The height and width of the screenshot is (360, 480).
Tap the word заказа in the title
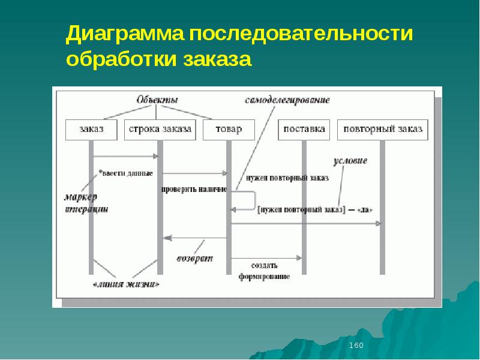pyautogui.click(x=220, y=60)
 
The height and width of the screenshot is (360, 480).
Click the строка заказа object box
pyautogui.click(x=160, y=129)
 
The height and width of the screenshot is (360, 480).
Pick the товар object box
pyautogui.click(x=229, y=129)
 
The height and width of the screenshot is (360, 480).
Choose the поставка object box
pyautogui.click(x=304, y=129)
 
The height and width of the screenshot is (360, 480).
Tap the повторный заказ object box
pyautogui.click(x=383, y=129)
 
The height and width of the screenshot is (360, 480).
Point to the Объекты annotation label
pyautogui.click(x=157, y=100)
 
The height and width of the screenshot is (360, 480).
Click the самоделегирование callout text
pyautogui.click(x=287, y=100)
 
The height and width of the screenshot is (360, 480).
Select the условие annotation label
pyautogui.click(x=350, y=161)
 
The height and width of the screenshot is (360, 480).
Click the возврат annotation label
pyautogui.click(x=194, y=259)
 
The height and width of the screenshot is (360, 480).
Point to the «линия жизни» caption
pyautogui.click(x=125, y=284)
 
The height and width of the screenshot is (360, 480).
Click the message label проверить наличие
pyautogui.click(x=193, y=190)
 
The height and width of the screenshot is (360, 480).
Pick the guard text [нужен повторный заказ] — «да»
pyautogui.click(x=315, y=209)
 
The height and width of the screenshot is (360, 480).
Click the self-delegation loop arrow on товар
pyautogui.click(x=246, y=200)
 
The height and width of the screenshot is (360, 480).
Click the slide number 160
pyautogui.click(x=356, y=346)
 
